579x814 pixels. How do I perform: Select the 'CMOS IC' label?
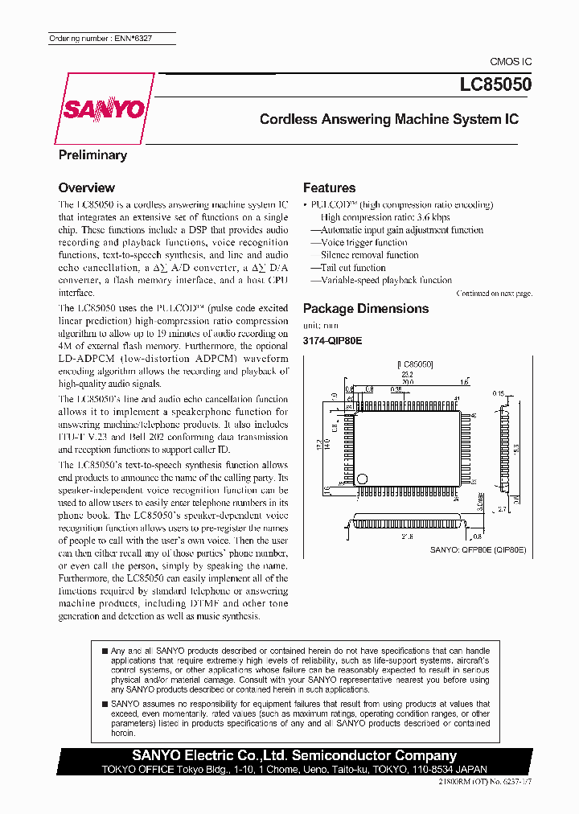coord(511,62)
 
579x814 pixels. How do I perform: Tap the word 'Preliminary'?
coord(92,155)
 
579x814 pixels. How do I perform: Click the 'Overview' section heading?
coord(87,187)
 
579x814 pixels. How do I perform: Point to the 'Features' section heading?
coord(329,187)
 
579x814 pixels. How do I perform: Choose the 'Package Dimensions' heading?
coord(366,308)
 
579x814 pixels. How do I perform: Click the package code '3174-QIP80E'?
coord(332,340)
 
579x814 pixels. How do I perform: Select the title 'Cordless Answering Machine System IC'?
coord(388,119)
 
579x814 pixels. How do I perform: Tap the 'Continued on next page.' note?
coord(494,294)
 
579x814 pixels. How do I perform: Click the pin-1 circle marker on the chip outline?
coord(362,479)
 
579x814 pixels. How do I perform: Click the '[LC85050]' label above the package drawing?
coord(415,364)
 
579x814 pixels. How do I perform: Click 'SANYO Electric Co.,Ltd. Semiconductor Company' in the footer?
coord(294,755)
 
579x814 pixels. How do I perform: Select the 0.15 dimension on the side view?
coord(499,393)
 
